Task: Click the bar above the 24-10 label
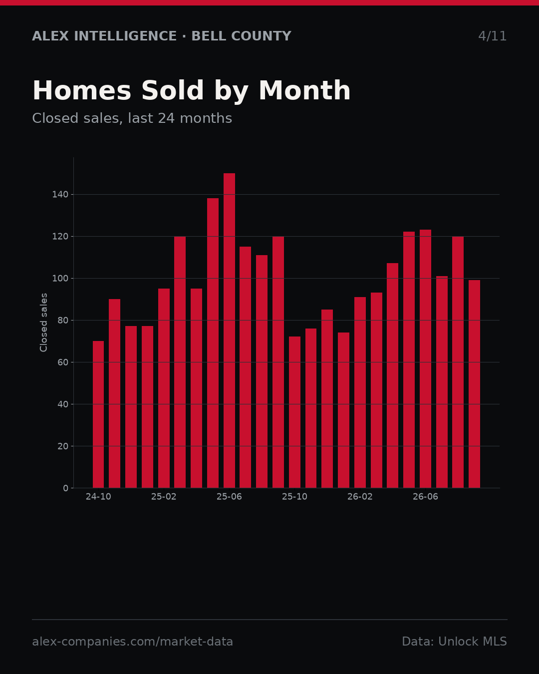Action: coord(98,414)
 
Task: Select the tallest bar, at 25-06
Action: coord(229,331)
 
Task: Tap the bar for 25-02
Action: coord(164,388)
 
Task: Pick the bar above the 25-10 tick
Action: coord(295,412)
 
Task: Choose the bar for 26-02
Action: coord(360,392)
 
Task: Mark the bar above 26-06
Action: coord(425,358)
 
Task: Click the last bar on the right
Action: coord(475,384)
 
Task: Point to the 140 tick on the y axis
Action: coord(60,195)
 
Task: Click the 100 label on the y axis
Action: coord(60,279)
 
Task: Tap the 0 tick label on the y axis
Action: coord(65,488)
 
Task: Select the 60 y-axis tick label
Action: coord(63,362)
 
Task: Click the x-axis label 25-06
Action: coord(229,497)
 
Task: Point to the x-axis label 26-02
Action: coord(360,497)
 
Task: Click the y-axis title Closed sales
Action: coord(43,323)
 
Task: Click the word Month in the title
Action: coord(304,90)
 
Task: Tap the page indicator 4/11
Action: coord(492,36)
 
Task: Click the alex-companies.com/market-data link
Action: coord(132,642)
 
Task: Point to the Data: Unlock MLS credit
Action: coord(455,642)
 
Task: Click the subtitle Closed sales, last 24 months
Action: coord(132,118)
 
